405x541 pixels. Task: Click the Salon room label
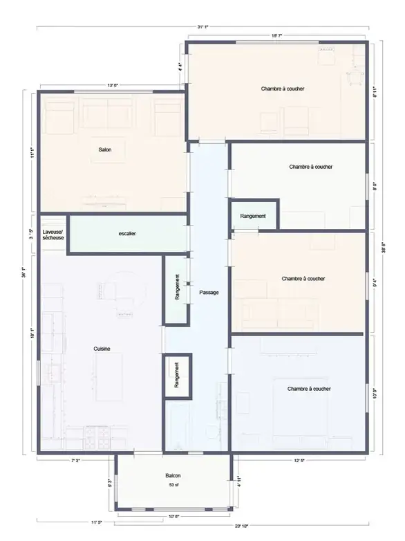pos(105,149)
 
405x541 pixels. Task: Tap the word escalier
pos(127,234)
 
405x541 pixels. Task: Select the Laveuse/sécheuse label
pos(53,234)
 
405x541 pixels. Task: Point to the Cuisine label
pos(102,349)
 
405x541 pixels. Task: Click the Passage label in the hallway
pos(209,293)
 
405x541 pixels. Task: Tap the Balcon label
pos(173,477)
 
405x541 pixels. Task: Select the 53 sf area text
pos(173,486)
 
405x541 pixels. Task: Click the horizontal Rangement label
pos(253,217)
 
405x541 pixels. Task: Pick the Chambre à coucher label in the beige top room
pos(283,89)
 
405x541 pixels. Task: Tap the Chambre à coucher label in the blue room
pos(309,389)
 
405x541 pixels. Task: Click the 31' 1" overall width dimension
pos(202,27)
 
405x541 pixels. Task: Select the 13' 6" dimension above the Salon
pos(113,86)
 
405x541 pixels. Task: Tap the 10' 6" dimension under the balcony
pos(174,516)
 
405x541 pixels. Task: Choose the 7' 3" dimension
pos(75,461)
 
